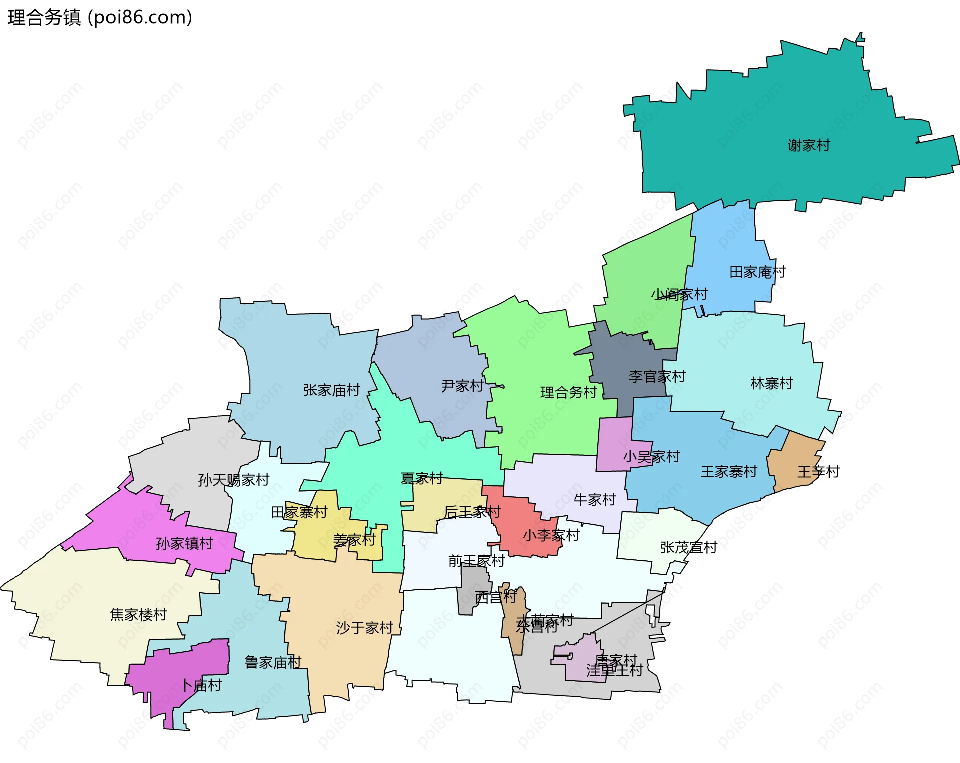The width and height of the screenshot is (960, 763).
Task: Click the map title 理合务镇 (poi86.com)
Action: click(100, 18)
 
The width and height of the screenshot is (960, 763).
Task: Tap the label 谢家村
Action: click(808, 145)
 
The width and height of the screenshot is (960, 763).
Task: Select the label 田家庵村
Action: click(757, 272)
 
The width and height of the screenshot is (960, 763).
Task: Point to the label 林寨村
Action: click(771, 383)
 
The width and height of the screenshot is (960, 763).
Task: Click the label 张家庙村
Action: click(331, 390)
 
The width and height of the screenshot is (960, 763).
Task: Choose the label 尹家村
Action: click(462, 386)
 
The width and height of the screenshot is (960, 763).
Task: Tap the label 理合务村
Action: click(568, 392)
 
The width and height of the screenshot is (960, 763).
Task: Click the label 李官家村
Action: click(656, 377)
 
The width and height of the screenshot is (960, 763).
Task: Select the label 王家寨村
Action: click(728, 472)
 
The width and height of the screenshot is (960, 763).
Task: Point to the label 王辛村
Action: click(818, 472)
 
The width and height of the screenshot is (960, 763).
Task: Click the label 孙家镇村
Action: click(184, 543)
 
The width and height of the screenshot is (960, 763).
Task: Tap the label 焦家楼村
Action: click(138, 614)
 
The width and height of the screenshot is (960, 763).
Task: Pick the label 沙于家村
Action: click(364, 628)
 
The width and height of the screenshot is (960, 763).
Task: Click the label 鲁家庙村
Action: click(273, 662)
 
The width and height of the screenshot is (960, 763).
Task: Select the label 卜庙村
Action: click(201, 685)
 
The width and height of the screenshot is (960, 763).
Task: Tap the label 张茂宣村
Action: click(688, 547)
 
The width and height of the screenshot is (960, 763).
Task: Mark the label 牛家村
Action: click(594, 499)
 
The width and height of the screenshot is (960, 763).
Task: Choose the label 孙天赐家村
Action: click(233, 480)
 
